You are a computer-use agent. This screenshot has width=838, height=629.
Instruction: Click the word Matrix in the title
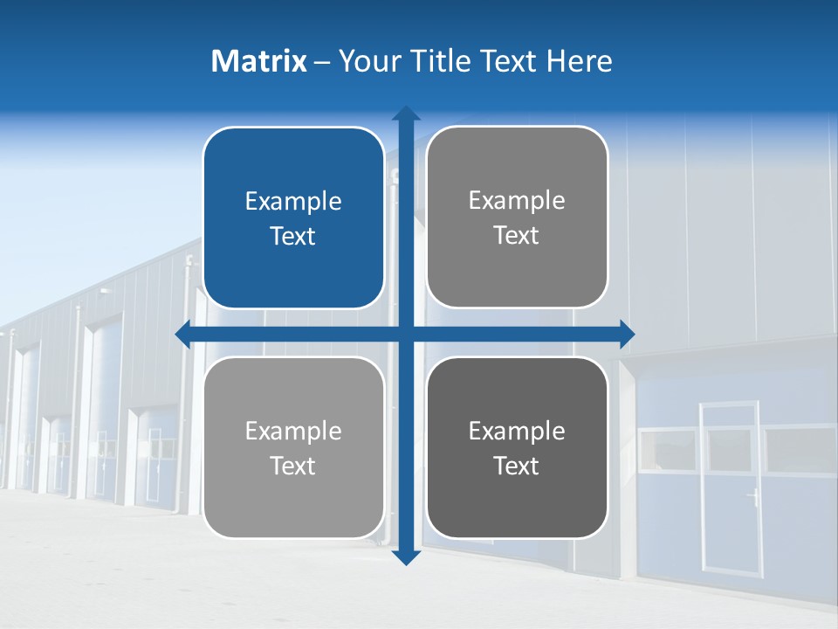click(x=259, y=61)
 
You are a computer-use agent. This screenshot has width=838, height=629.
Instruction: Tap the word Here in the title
click(x=579, y=61)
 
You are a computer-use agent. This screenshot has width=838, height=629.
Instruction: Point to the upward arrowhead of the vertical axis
click(x=405, y=114)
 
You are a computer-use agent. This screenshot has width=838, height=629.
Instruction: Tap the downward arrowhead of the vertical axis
click(x=405, y=556)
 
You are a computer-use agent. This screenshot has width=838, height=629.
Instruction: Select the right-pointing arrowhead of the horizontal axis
click(x=627, y=334)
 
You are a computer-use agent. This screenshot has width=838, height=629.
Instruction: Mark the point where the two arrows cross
click(x=405, y=334)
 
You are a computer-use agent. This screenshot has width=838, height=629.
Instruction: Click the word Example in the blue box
click(x=293, y=202)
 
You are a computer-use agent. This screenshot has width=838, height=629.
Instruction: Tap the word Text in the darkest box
click(x=517, y=466)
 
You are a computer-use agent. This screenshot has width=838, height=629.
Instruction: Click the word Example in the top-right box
click(x=517, y=201)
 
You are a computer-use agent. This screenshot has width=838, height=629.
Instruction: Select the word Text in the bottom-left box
click(x=293, y=466)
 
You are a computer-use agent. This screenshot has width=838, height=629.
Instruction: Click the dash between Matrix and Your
click(x=322, y=62)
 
